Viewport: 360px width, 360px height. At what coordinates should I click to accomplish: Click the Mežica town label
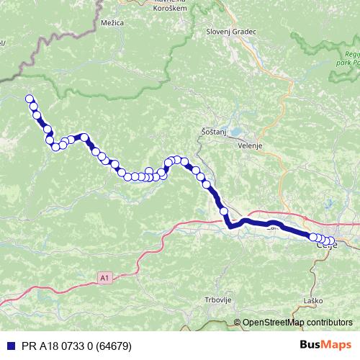pos(112,23)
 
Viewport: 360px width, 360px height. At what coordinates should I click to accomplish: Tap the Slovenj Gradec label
pos(230,32)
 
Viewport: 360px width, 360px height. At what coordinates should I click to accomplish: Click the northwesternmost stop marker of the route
pos(30,99)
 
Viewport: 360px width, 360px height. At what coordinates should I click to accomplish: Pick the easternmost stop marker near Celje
pos(331,241)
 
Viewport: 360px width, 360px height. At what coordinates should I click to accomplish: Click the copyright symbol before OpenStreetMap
pos(238,323)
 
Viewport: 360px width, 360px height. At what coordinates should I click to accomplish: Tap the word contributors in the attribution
pos(327,323)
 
